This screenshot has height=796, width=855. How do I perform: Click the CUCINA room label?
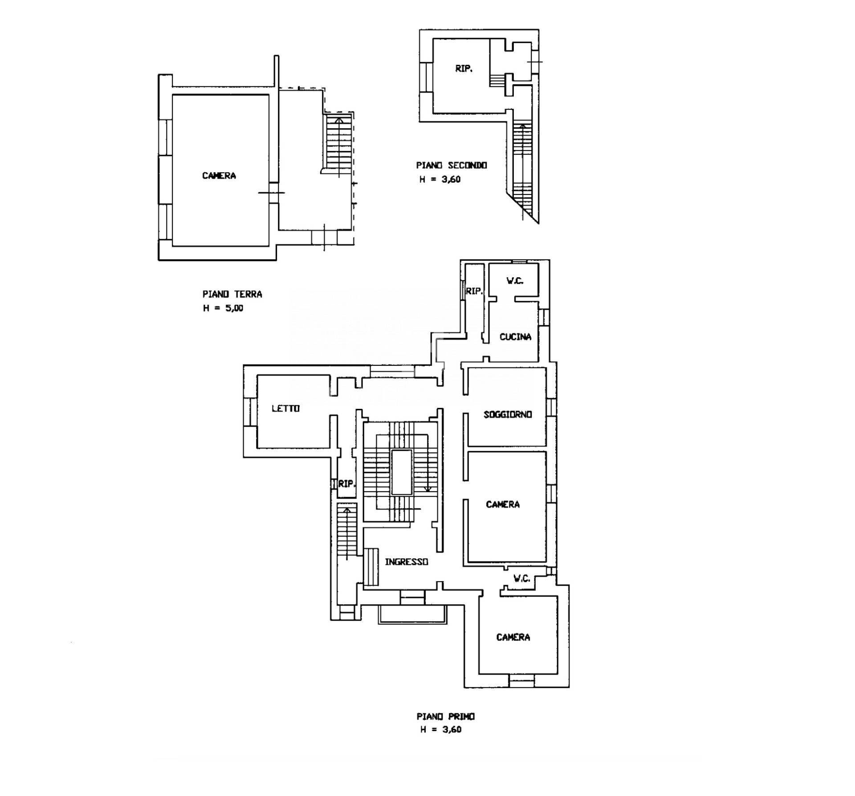[515, 337]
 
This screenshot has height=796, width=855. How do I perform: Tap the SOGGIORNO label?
[508, 414]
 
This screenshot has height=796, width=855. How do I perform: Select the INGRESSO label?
[406, 562]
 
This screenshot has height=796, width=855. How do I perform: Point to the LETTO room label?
[285, 408]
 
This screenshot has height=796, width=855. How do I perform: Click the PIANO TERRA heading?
[232, 294]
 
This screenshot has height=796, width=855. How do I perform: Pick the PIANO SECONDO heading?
[452, 165]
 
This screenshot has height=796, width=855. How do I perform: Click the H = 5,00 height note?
[223, 308]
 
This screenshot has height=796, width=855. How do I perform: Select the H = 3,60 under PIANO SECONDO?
[440, 179]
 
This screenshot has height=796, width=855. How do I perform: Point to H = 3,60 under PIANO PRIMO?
[441, 729]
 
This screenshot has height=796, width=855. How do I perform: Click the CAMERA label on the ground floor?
[219, 176]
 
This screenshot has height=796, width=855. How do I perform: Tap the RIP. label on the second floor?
[464, 69]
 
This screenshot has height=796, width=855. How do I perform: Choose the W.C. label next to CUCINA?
[515, 281]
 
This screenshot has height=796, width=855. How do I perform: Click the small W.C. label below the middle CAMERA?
[521, 578]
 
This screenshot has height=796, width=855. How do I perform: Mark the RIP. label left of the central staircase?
[347, 484]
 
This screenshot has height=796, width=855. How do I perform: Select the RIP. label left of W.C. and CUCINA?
[474, 291]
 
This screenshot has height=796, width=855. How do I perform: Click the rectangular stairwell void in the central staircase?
[402, 472]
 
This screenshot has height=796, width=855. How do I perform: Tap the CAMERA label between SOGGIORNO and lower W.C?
[503, 504]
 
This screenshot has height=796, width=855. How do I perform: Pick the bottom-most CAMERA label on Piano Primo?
[513, 637]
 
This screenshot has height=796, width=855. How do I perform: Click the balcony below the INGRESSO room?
[412, 614]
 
